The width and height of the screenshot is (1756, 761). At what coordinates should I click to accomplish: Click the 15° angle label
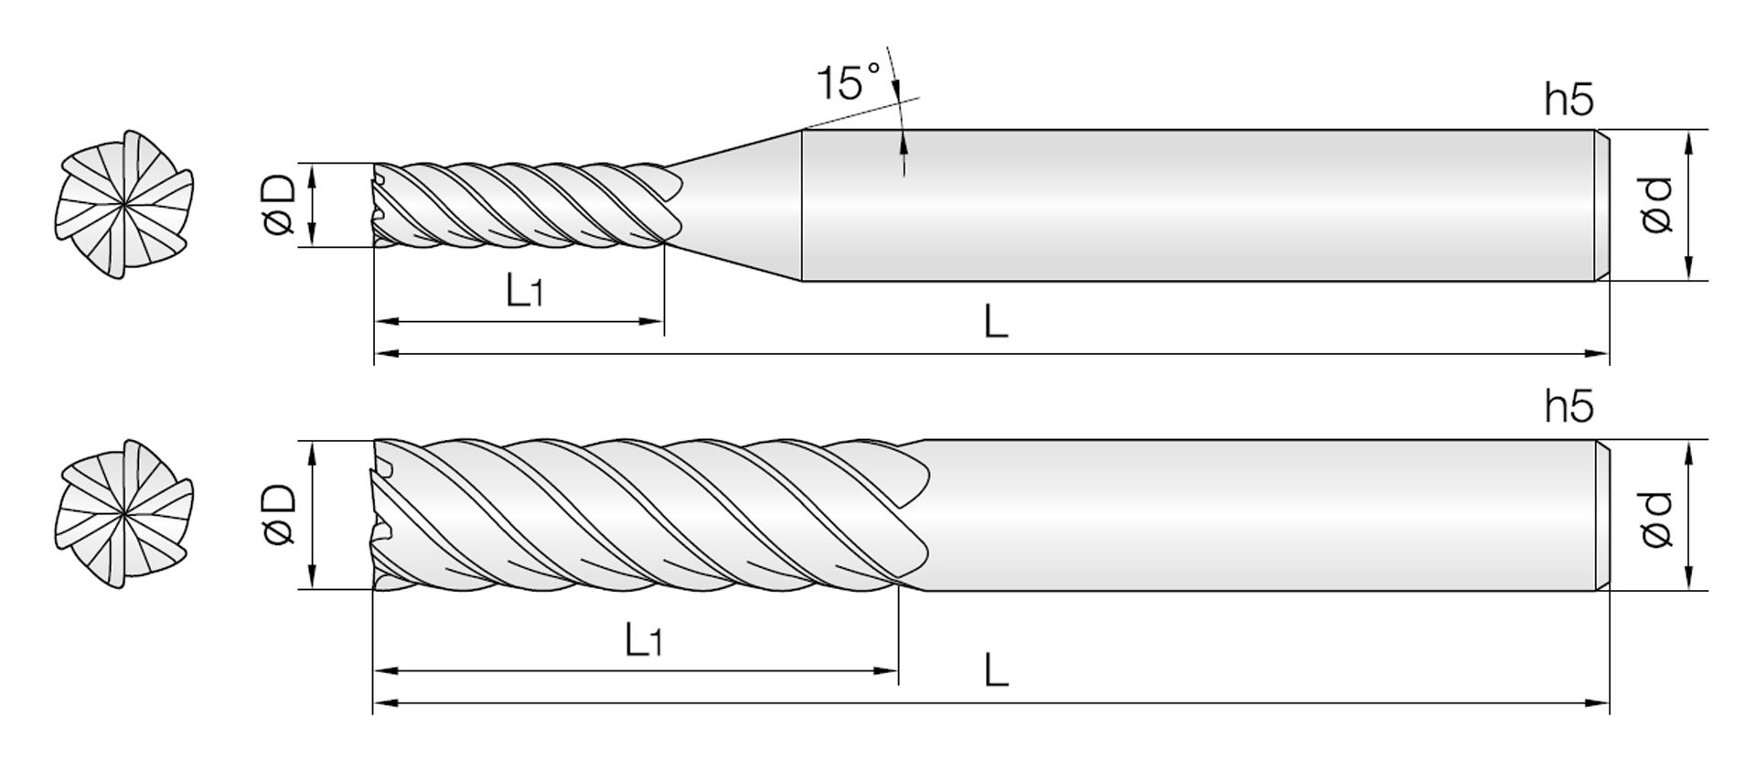coord(848,81)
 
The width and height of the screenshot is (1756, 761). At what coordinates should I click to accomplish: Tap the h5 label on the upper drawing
coord(1569,100)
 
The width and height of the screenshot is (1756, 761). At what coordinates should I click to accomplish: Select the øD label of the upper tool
coord(279,206)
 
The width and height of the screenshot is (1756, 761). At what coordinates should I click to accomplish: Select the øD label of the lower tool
coord(279,514)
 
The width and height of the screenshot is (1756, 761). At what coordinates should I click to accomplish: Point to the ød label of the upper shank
coord(1656,206)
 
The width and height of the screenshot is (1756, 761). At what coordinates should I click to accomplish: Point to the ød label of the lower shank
coord(1656,520)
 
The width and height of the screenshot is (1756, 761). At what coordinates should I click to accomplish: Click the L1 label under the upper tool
coord(525,290)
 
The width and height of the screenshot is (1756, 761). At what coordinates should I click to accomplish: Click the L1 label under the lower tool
coord(643,640)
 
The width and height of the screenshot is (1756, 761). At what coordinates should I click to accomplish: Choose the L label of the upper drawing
coord(995,322)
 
